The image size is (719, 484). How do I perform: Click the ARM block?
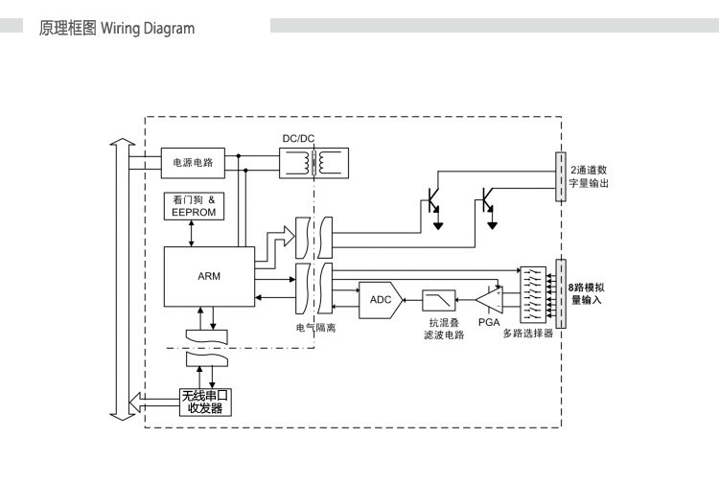pyautogui.click(x=209, y=276)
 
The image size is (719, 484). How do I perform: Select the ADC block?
pyautogui.click(x=380, y=300)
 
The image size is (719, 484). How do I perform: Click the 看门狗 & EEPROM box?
pyautogui.click(x=195, y=205)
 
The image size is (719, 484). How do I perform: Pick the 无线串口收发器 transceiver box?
pyautogui.click(x=206, y=402)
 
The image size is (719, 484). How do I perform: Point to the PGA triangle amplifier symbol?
pyautogui.click(x=490, y=299)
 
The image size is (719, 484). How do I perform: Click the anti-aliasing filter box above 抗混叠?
pyautogui.click(x=442, y=300)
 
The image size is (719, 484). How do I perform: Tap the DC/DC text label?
pyautogui.click(x=298, y=138)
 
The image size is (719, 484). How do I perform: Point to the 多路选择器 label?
pyautogui.click(x=527, y=334)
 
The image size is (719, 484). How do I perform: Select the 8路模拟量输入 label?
pyautogui.click(x=587, y=293)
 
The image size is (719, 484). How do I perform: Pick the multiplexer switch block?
pyautogui.click(x=531, y=293)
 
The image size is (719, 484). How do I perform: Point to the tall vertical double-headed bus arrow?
pyautogui.click(x=120, y=278)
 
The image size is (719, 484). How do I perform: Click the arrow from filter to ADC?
pyautogui.click(x=410, y=300)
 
